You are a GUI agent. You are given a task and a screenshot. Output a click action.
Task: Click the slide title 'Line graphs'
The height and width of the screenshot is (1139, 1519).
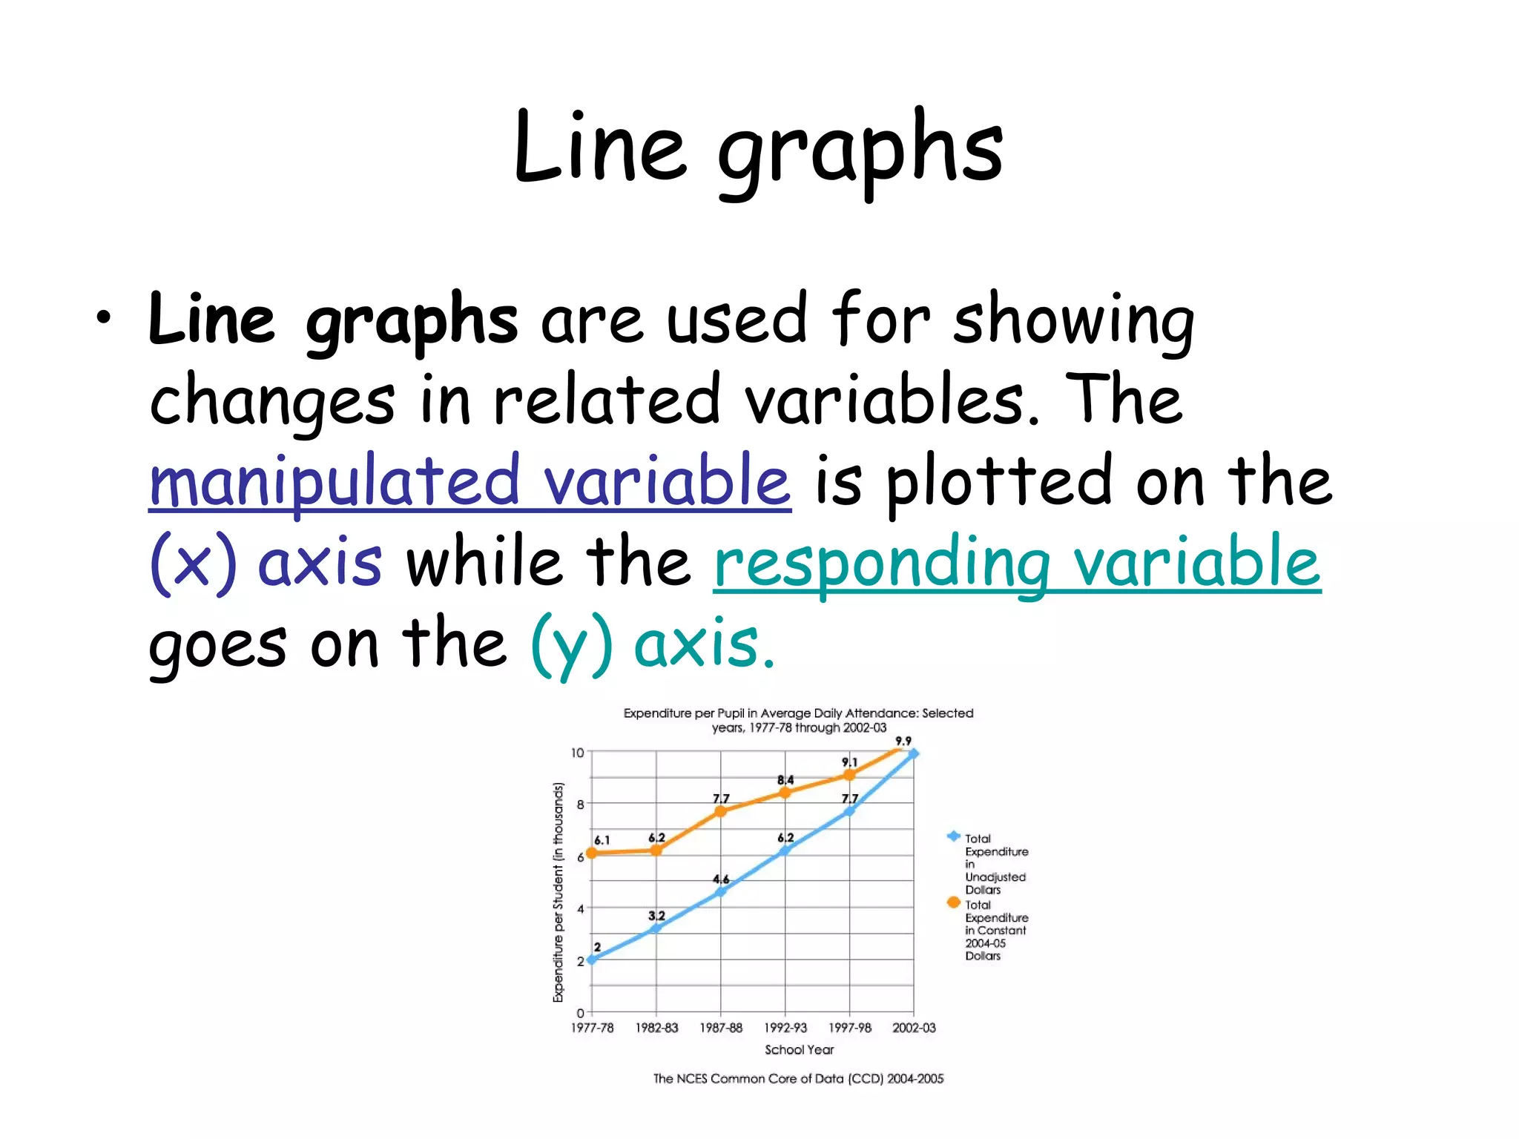tap(758, 148)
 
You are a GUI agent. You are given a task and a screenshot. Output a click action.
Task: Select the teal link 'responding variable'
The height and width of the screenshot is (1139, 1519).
tap(1017, 561)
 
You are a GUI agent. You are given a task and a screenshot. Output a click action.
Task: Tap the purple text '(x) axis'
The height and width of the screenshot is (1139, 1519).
tap(266, 561)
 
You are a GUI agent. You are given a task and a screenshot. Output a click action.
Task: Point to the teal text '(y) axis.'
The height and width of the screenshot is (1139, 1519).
tap(652, 643)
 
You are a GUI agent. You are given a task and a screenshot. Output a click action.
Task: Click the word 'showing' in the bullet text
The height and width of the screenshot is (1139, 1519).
tap(1072, 320)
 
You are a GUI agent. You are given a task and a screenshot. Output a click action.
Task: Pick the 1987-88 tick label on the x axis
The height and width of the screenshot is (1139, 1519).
tap(721, 1028)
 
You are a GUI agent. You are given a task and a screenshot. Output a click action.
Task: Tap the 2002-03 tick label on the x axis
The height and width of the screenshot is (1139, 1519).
tap(914, 1028)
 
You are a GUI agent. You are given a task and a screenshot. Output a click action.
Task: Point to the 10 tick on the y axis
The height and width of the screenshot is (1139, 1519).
tap(578, 753)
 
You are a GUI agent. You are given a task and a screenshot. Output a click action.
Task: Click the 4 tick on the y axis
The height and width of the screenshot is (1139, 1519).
tap(581, 908)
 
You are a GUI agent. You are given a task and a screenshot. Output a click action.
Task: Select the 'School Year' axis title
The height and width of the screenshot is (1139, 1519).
tap(799, 1050)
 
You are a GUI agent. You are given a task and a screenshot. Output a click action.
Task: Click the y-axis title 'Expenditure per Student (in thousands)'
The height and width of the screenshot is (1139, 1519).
tap(558, 892)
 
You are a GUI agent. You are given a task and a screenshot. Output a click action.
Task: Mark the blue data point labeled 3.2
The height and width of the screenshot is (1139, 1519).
tap(656, 928)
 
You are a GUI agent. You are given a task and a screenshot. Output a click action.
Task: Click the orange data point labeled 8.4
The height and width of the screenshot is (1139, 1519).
tap(785, 793)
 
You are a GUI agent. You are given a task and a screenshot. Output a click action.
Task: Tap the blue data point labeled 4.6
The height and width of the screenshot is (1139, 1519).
tap(720, 891)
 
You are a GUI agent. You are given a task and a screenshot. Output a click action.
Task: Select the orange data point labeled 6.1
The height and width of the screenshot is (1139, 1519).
tap(592, 854)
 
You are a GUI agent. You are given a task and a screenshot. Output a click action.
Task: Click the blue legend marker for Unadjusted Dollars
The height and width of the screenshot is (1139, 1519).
tap(954, 836)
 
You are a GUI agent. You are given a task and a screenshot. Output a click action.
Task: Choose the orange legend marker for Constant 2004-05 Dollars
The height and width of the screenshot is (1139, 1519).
tap(954, 902)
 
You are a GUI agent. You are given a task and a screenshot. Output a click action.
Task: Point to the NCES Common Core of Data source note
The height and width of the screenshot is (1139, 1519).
tap(798, 1079)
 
